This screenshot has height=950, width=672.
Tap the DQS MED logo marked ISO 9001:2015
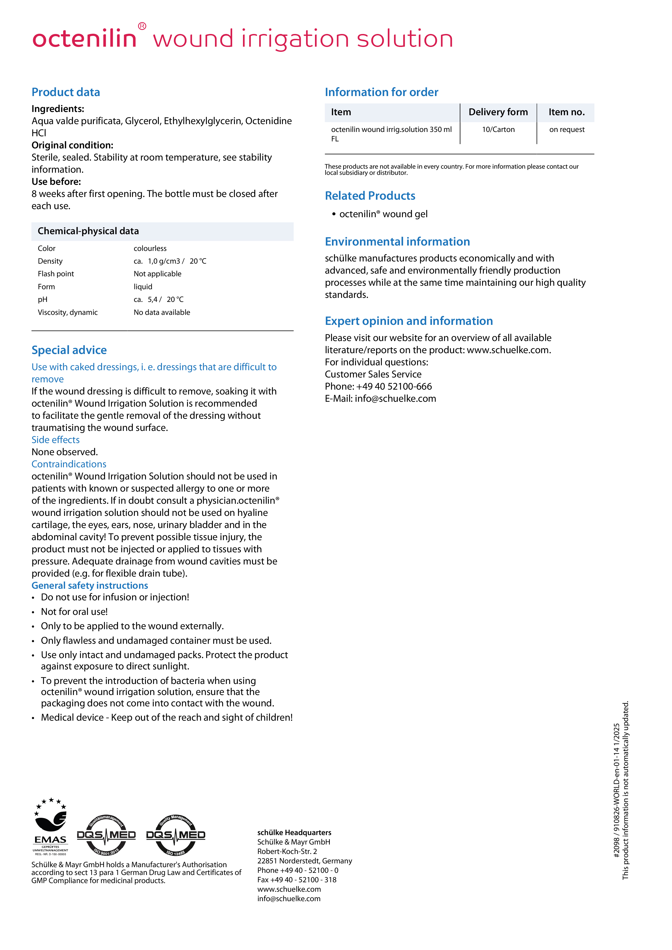tap(106, 835)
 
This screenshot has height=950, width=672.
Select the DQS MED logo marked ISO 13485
tap(176, 835)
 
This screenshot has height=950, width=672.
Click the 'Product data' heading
tap(66, 92)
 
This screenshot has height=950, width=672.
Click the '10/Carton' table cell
tap(498, 130)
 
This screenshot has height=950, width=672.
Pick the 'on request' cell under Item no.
tap(567, 130)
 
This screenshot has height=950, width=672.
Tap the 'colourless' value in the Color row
tap(150, 248)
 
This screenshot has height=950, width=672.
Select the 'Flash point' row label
tap(56, 274)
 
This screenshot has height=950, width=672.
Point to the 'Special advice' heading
tap(69, 350)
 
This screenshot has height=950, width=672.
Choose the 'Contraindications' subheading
tap(69, 464)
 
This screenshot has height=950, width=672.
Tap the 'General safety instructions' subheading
tap(90, 585)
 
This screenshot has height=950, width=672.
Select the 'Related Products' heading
tap(370, 196)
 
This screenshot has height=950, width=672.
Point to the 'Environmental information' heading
tap(397, 242)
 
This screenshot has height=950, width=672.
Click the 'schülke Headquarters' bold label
tap(294, 832)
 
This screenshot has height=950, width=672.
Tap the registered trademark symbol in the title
tap(142, 26)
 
